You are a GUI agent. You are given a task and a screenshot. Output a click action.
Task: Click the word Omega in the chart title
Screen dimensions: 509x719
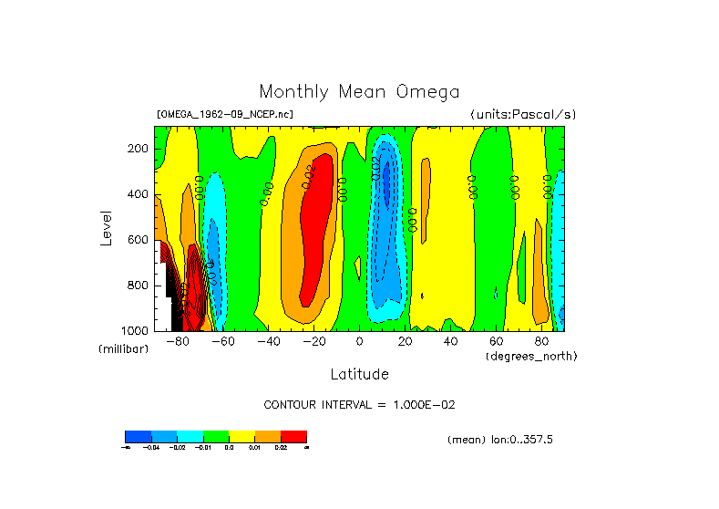427,92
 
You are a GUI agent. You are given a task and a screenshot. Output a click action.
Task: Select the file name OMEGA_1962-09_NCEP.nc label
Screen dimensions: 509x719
225,115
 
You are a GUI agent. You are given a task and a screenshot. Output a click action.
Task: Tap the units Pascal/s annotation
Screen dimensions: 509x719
523,115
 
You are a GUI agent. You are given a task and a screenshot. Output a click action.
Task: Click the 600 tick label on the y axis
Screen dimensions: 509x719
139,239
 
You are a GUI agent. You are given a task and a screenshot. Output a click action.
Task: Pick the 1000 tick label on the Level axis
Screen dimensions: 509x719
136,329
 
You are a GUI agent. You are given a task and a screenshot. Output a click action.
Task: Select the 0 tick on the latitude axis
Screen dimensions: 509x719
360,341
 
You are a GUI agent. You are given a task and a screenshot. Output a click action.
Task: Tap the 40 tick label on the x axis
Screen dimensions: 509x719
450,341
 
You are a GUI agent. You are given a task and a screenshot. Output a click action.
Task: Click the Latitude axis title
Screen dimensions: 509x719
359,374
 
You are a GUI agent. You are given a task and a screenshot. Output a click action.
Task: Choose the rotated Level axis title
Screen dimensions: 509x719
108,228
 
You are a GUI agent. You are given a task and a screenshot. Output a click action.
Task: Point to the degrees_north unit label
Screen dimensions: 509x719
531,355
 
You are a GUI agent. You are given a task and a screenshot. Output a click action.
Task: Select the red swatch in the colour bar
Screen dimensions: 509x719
293,437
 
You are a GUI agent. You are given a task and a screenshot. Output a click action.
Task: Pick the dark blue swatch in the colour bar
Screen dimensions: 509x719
138,437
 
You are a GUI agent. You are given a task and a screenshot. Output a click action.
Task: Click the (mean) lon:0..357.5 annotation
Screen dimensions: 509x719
500,440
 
